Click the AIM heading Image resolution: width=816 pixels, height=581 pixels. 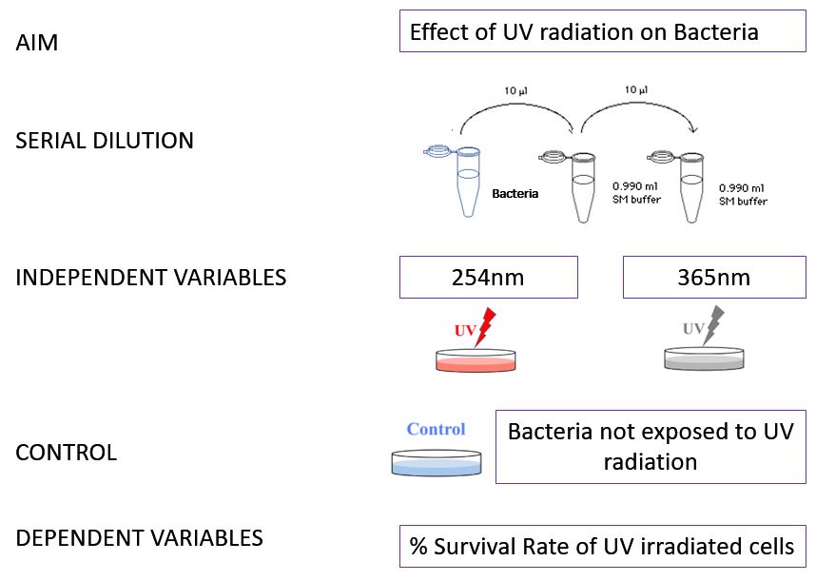click(36, 44)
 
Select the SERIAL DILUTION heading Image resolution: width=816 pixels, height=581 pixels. click(105, 141)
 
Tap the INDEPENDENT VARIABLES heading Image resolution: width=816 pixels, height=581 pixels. click(150, 278)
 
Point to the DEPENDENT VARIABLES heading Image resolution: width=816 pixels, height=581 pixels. click(139, 537)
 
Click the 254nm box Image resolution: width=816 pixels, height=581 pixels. click(488, 278)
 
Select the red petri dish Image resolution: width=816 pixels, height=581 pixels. click(476, 360)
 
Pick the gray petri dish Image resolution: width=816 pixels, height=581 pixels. click(704, 359)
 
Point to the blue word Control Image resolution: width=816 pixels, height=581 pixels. click(436, 429)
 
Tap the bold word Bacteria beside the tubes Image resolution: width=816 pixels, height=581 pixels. click(515, 193)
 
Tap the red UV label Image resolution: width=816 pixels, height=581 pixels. click(465, 330)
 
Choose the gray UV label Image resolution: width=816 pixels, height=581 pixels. click(693, 329)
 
